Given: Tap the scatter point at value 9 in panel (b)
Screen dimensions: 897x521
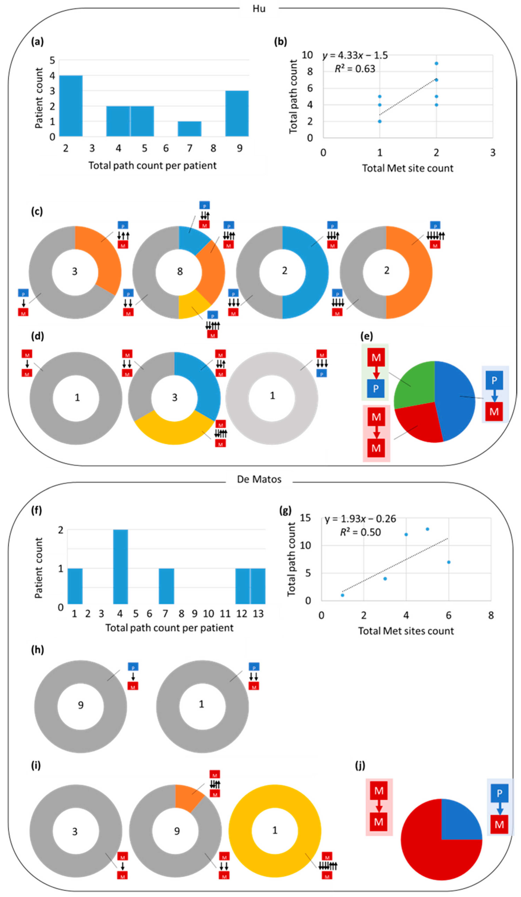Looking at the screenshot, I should pyautogui.click(x=436, y=63).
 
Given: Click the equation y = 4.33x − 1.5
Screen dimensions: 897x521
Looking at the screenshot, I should pyautogui.click(x=355, y=56).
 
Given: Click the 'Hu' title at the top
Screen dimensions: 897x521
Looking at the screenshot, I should pyautogui.click(x=259, y=9).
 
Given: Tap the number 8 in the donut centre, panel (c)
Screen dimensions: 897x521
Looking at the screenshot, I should pyautogui.click(x=180, y=272).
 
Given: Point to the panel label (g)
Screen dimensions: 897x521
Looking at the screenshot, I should pyautogui.click(x=285, y=511).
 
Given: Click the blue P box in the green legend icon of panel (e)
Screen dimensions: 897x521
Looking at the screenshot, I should pyautogui.click(x=376, y=388).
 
